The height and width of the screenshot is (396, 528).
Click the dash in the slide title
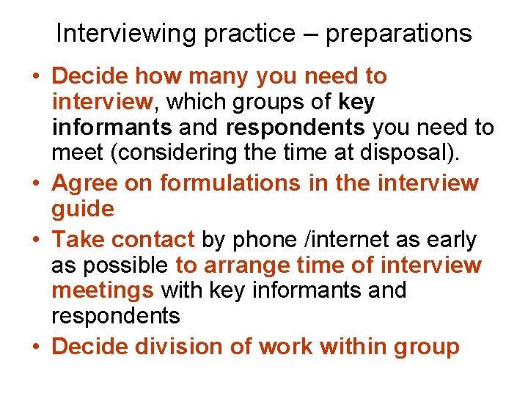tap(308, 34)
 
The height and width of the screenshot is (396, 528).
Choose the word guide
tap(83, 209)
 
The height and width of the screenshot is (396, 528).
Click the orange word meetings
tap(103, 290)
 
